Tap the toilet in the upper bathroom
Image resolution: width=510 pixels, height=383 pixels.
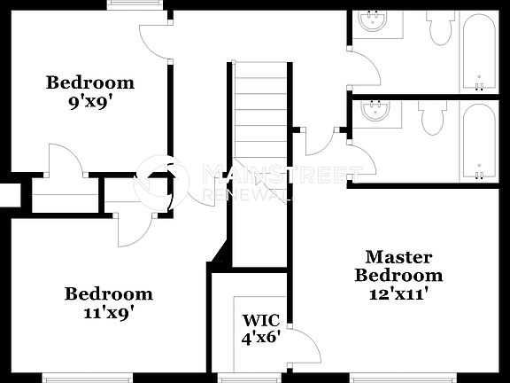[x=438, y=28]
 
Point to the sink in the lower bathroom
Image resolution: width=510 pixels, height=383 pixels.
[x=377, y=113]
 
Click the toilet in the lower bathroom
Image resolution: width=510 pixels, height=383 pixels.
[x=432, y=117]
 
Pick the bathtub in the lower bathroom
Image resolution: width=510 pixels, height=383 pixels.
[x=479, y=142]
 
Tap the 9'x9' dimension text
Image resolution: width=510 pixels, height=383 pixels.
[x=90, y=101]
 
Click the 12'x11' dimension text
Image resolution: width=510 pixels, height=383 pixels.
[x=398, y=293]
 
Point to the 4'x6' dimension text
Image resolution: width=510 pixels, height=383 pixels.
[x=262, y=338]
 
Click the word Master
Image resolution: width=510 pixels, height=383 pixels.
[x=398, y=257]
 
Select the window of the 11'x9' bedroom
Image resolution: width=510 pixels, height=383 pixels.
[x=83, y=379]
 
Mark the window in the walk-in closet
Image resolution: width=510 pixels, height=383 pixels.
[x=243, y=379]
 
